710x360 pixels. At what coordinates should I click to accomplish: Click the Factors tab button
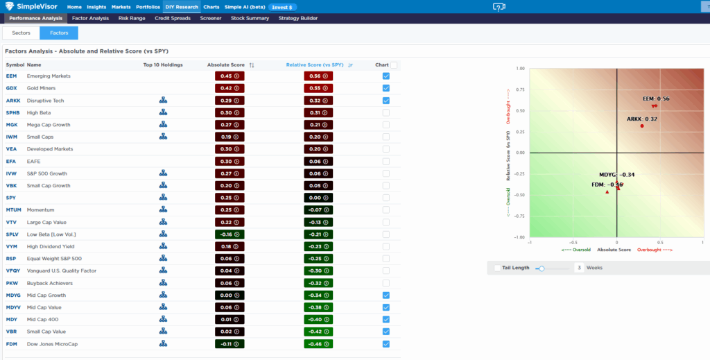[x=59, y=33]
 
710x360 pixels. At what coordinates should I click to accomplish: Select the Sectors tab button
[x=21, y=33]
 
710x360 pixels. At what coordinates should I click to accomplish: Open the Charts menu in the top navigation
[x=211, y=7]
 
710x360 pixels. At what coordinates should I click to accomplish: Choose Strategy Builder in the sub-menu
[x=298, y=18]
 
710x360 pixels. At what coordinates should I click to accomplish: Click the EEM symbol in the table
[x=11, y=76]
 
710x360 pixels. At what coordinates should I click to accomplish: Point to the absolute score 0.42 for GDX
[x=230, y=89]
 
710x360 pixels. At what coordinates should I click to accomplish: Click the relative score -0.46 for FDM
[x=318, y=344]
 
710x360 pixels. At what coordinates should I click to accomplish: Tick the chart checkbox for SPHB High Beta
[x=386, y=113]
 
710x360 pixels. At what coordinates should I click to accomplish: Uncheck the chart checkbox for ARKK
[x=386, y=101]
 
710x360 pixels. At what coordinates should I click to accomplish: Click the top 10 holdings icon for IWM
[x=163, y=137]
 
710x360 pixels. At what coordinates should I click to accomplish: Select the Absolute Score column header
[x=227, y=65]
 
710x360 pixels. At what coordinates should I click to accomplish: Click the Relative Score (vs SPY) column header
[x=315, y=65]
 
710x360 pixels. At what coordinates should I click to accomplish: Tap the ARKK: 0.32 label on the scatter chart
[x=641, y=119]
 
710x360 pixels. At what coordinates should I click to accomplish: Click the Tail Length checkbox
[x=497, y=268]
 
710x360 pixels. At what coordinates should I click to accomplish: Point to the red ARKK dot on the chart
[x=642, y=126]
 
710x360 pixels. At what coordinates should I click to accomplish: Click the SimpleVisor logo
[x=31, y=7]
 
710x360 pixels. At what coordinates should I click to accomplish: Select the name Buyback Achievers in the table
[x=49, y=283]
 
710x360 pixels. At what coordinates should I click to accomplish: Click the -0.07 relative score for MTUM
[x=318, y=210]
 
